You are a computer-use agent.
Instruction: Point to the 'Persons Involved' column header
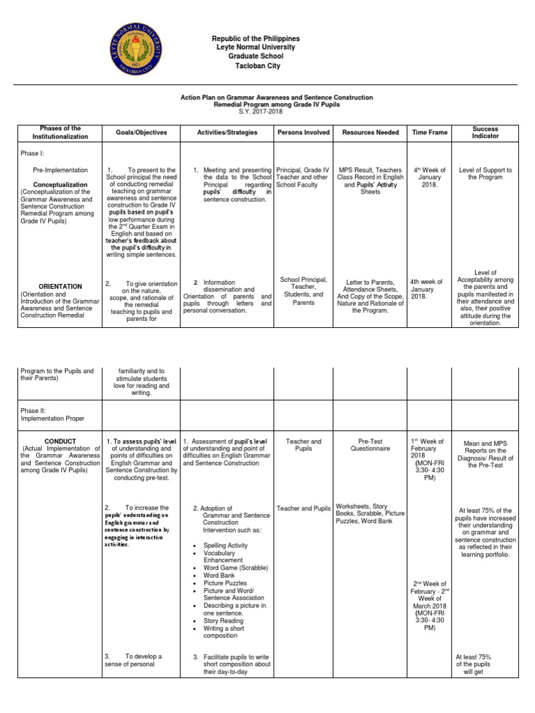click(x=303, y=132)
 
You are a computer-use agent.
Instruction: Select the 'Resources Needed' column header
click(x=370, y=132)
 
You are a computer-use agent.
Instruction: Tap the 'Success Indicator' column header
click(x=485, y=132)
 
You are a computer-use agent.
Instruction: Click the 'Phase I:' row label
click(x=32, y=152)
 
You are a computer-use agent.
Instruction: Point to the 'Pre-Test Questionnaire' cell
click(x=370, y=445)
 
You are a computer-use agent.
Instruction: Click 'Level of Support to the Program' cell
click(x=485, y=173)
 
